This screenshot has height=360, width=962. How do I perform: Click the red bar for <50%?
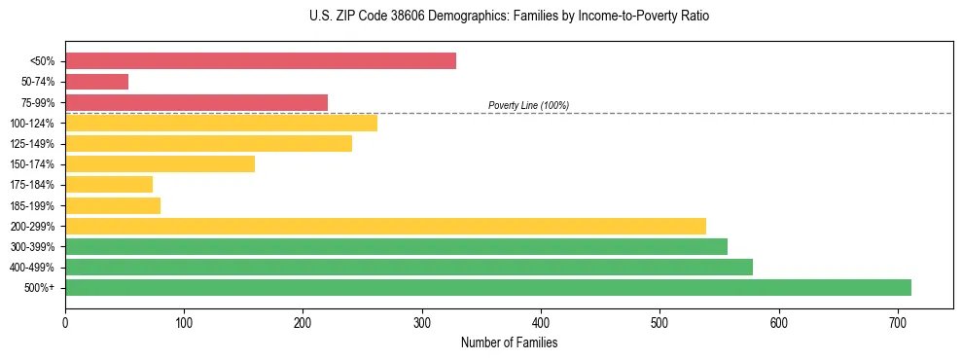click(x=261, y=61)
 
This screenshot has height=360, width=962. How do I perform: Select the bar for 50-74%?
click(x=97, y=82)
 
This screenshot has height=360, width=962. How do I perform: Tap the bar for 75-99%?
click(x=196, y=102)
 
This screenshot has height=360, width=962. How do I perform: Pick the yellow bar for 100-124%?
click(x=221, y=123)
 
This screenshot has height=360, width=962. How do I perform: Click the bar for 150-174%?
click(x=160, y=163)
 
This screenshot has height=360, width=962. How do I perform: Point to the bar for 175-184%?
click(x=109, y=184)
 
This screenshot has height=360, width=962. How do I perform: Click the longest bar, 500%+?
click(x=488, y=287)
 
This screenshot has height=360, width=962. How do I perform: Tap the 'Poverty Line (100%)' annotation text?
click(x=528, y=105)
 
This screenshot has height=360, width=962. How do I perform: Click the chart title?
click(x=511, y=17)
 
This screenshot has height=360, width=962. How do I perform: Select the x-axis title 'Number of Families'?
click(x=509, y=342)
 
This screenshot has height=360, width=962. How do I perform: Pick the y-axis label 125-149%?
click(x=33, y=144)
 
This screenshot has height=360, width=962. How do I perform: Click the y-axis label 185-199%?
click(x=33, y=205)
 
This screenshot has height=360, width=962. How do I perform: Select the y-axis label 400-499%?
click(x=33, y=268)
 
